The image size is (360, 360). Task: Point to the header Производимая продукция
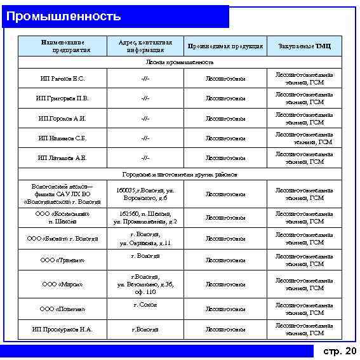pyautogui.click(x=225, y=46)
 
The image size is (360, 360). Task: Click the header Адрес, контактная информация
pyautogui.click(x=145, y=46)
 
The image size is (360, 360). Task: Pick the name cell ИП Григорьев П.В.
pyautogui.click(x=63, y=98)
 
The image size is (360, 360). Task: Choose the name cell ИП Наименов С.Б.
pyautogui.click(x=63, y=138)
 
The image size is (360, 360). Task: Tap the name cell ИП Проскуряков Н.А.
pyautogui.click(x=63, y=330)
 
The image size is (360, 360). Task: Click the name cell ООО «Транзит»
pyautogui.click(x=63, y=260)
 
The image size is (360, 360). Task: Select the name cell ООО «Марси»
pyautogui.click(x=63, y=284)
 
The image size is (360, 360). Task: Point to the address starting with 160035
pyautogui.click(x=145, y=194)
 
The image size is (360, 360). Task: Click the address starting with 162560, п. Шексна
pyautogui.click(x=145, y=217)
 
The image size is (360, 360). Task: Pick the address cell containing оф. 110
pyautogui.click(x=145, y=284)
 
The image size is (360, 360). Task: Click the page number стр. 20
pyautogui.click(x=340, y=351)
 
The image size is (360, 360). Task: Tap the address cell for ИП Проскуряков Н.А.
pyautogui.click(x=145, y=330)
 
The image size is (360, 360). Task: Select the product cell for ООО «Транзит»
pyautogui.click(x=225, y=260)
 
